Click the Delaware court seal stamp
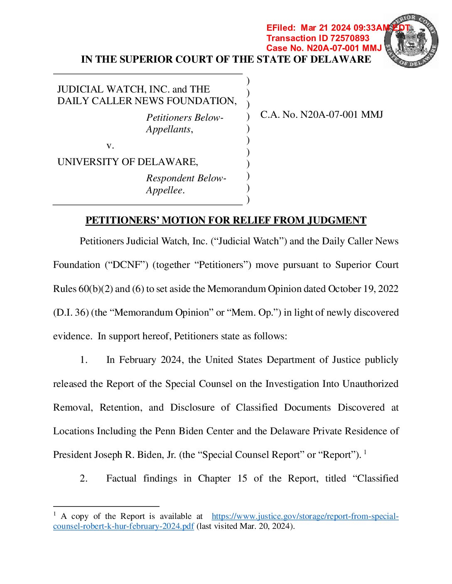pos(411,41)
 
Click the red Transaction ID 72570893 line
pos(318,38)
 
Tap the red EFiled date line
pos(337,28)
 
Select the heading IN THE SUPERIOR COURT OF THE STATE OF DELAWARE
pos(226,59)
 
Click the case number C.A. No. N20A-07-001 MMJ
pos(322,115)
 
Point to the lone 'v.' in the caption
pos(110,146)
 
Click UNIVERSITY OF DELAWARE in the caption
pos(128,162)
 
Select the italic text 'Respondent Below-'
pos(186,178)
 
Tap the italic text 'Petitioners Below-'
pos(184,118)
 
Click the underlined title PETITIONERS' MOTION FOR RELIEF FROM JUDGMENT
pos(226,220)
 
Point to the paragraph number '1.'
pos(84,360)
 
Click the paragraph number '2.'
pos(84,479)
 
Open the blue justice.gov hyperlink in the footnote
pos(305,516)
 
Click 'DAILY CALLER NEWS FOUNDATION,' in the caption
pos(147,101)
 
